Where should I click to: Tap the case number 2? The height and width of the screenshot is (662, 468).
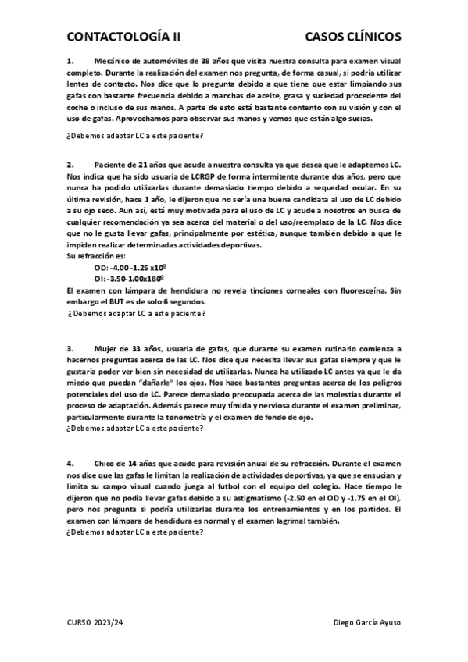70,165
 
